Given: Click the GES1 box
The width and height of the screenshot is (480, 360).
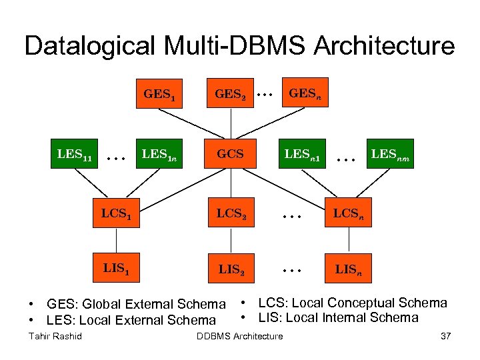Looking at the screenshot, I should pyautogui.click(x=159, y=94).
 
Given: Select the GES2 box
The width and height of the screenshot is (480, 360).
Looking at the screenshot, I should pyautogui.click(x=231, y=94).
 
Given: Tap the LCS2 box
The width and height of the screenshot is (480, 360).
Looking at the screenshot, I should pyautogui.click(x=231, y=215).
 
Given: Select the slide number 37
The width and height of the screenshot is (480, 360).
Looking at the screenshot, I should pyautogui.click(x=446, y=336).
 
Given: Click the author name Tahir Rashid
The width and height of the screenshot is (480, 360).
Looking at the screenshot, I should pyautogui.click(x=55, y=336).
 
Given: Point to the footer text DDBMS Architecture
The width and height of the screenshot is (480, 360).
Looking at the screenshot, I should pyautogui.click(x=240, y=336).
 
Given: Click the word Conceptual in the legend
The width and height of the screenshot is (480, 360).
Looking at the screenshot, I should pyautogui.click(x=357, y=303).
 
